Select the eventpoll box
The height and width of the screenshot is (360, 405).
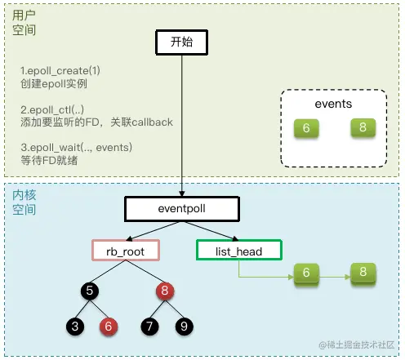[181, 209]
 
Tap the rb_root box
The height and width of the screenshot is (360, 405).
[127, 251]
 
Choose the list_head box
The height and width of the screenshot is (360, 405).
[239, 251]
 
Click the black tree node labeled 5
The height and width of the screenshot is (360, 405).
[92, 289]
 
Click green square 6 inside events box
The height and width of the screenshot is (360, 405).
[306, 129]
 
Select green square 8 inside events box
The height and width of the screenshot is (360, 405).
[361, 128]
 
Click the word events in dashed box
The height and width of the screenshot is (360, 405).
[333, 104]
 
